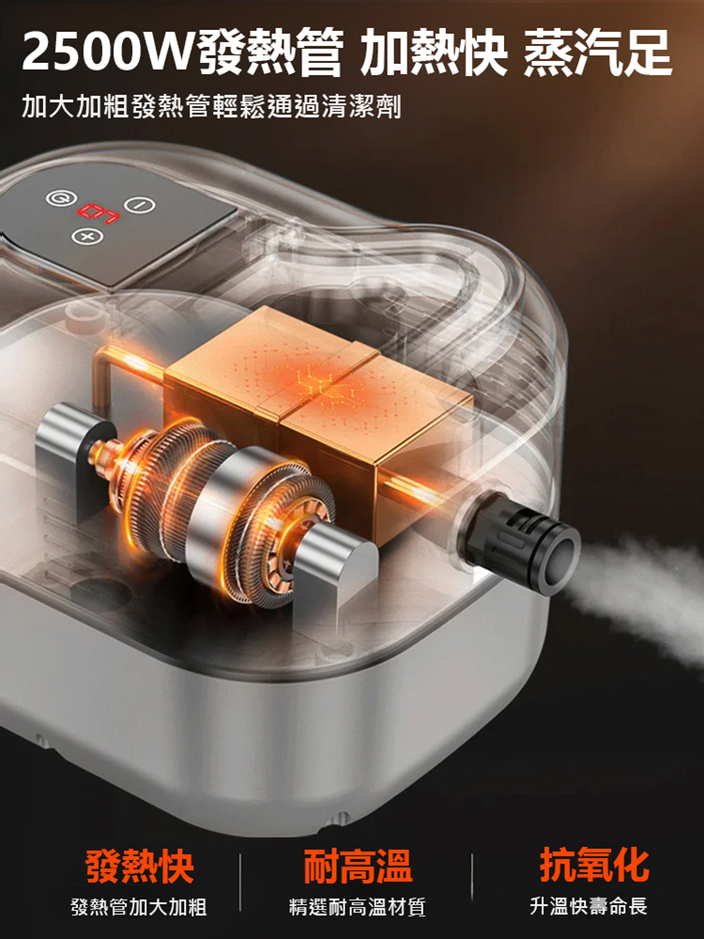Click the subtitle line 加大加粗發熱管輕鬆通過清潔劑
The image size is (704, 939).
(x=211, y=106)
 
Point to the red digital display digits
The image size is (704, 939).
(x=99, y=214)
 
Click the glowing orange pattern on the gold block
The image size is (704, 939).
(x=327, y=386)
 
